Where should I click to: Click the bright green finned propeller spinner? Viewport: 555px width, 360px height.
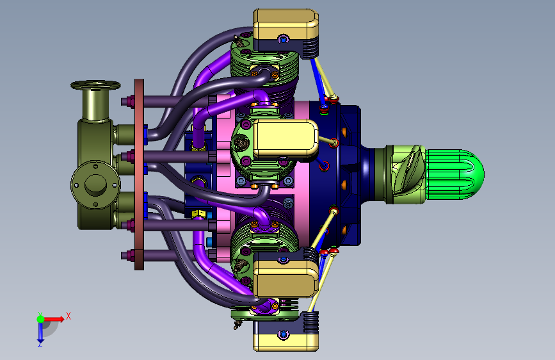pyautogui.click(x=454, y=174)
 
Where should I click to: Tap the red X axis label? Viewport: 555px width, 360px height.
pyautogui.click(x=68, y=316)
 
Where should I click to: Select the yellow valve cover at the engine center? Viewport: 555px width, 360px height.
pyautogui.click(x=286, y=138)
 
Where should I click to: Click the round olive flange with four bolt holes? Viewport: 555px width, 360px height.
pyautogui.click(x=95, y=184)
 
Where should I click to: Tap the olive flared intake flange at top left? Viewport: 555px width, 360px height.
pyautogui.click(x=95, y=85)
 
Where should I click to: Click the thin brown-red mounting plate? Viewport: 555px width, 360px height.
pyautogui.click(x=139, y=174)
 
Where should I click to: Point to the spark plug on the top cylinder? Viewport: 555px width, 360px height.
pyautogui.click(x=239, y=42)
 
